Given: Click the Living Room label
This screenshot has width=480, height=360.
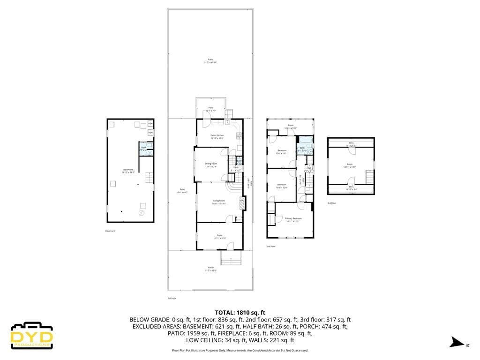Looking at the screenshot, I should coord(219,202).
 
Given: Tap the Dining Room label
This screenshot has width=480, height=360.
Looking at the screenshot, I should coord(211,165).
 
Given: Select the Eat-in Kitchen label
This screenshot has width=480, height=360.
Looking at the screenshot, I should coord(217,137).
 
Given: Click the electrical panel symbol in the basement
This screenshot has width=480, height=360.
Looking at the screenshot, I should coord(141,213).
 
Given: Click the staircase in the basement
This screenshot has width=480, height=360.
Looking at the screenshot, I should coord(149,178).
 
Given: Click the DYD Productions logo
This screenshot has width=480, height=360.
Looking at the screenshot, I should coord(32,335).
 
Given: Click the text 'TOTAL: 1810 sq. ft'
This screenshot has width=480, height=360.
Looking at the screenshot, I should coord(240,312).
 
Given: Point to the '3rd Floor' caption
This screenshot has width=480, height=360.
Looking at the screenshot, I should coord(332,203).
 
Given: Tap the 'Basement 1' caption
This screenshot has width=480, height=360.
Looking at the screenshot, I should coord(111,231).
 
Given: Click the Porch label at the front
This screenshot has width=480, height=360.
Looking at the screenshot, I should coord(210,269).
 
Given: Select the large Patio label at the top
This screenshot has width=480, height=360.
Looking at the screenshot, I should coord(210,61).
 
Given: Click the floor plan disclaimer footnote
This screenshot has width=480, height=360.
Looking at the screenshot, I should coord(240,350).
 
